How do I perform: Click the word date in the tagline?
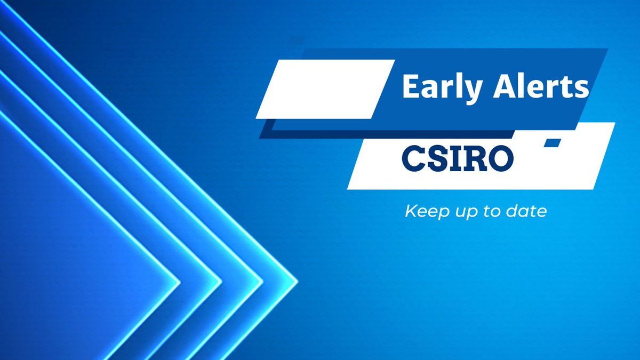528,212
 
